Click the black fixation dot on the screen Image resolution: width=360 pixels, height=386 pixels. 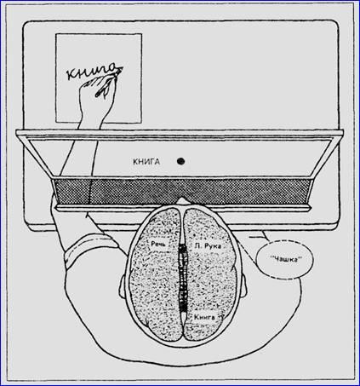coord(180,161)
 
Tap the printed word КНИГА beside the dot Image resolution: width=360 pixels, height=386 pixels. coord(146,162)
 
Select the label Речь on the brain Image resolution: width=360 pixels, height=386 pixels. coord(158,244)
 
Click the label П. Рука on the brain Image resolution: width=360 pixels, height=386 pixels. coord(208,246)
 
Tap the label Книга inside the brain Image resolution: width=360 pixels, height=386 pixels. coord(204,318)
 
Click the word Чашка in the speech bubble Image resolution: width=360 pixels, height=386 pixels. coord(285,259)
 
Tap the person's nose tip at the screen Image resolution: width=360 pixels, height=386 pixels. coord(182,200)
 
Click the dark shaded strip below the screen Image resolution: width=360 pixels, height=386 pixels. coord(181,192)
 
